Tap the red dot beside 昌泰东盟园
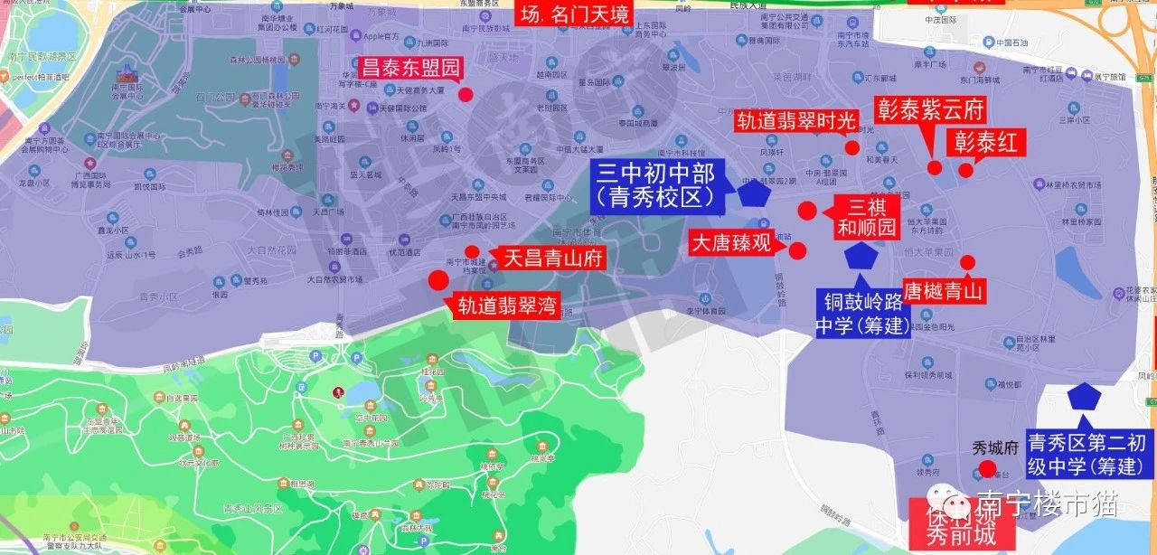tap(466, 94)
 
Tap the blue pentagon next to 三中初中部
tap(753, 193)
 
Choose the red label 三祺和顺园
tap(868, 216)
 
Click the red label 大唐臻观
tap(731, 243)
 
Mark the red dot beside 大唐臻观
tap(797, 250)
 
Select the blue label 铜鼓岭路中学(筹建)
tap(863, 313)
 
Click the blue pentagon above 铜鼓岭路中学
tap(861, 256)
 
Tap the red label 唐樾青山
tap(944, 290)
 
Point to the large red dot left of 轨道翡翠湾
tap(438, 280)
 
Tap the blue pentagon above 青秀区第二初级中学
tap(1082, 397)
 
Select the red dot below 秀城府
tap(988, 469)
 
